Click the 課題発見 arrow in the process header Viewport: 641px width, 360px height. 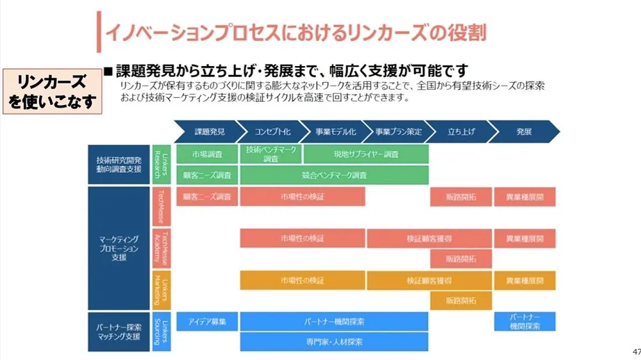tap(209, 131)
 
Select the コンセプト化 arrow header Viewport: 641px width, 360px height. tap(272, 131)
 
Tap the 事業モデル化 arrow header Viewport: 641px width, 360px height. tap(335, 131)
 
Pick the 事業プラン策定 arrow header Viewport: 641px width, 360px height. tap(397, 131)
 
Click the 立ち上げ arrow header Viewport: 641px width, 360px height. tap(460, 131)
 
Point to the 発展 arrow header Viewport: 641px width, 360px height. tap(523, 131)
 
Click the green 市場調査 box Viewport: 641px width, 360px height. tap(206, 154)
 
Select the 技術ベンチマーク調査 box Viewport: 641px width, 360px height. tap(271, 154)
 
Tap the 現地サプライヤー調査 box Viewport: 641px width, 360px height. tap(365, 154)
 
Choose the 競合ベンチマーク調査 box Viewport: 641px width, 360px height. tap(334, 175)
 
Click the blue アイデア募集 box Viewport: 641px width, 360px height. tap(206, 322)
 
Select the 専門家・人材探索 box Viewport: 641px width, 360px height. tap(334, 342)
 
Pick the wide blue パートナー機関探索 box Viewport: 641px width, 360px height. tap(334, 322)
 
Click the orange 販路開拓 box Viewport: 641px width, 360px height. tap(461, 300)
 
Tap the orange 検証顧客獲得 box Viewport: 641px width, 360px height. tap(429, 281)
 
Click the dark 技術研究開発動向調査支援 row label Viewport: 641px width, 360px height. tap(119, 165)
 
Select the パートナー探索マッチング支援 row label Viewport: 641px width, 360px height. tap(119, 331)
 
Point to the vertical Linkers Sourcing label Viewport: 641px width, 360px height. tap(162, 331)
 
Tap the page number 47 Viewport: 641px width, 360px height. tap(636, 352)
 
